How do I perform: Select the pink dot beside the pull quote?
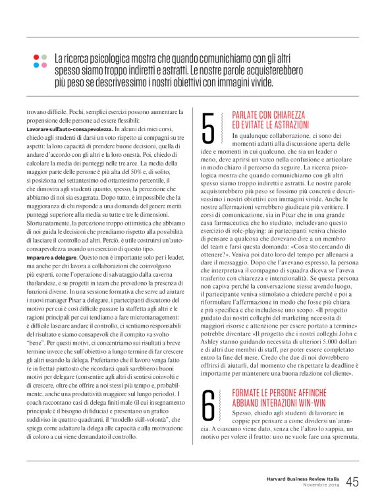[x=43, y=65]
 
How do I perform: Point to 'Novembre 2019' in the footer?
[x=320, y=486]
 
